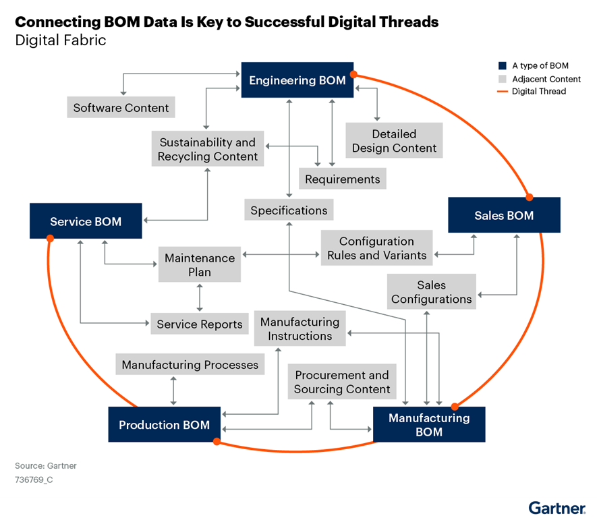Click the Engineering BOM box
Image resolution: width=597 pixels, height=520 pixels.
click(x=297, y=80)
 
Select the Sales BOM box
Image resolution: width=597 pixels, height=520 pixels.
click(x=504, y=215)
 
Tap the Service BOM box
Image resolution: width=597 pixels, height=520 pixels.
click(x=86, y=221)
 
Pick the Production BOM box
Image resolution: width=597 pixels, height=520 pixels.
click(x=164, y=425)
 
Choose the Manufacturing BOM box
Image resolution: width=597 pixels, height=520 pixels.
click(x=429, y=424)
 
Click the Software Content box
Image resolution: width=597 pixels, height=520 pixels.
click(x=121, y=107)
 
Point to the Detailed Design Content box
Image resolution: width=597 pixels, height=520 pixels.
click(x=394, y=141)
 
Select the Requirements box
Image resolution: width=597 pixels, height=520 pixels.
click(x=342, y=179)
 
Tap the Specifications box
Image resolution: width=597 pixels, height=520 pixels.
click(x=289, y=210)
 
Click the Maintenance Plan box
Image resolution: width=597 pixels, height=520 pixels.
click(x=200, y=264)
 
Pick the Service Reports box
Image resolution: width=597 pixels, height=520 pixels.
click(x=199, y=324)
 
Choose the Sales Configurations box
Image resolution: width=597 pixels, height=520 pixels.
click(x=432, y=291)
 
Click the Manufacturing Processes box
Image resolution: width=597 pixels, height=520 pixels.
click(x=190, y=364)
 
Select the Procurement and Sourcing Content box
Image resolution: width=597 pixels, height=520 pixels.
click(x=342, y=382)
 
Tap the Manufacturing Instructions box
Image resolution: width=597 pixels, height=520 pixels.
click(x=300, y=328)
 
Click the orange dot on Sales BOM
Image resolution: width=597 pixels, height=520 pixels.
click(x=530, y=198)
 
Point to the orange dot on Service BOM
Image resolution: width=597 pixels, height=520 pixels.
click(x=49, y=238)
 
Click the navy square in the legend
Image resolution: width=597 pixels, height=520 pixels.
click(x=503, y=66)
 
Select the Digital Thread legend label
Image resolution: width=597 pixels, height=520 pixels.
click(x=538, y=91)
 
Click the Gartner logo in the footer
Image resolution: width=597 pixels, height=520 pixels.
click(x=557, y=508)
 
